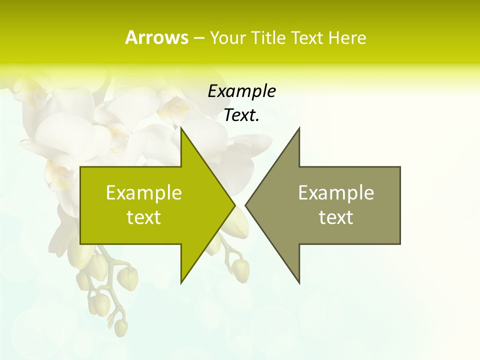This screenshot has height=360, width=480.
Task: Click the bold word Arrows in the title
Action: [x=156, y=37]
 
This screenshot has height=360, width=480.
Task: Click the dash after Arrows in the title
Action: [x=198, y=38]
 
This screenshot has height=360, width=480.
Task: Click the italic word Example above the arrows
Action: [x=241, y=91]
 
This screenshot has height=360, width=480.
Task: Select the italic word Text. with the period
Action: [x=241, y=115]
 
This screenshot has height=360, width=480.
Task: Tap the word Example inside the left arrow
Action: [x=144, y=193]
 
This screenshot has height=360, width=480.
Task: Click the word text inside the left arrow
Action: [x=144, y=217]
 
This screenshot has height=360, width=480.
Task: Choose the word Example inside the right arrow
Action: [x=336, y=193]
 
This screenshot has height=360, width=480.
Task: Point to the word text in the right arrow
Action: [x=336, y=217]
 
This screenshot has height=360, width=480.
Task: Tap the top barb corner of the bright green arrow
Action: [x=181, y=128]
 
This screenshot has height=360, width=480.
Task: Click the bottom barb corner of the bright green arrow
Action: [x=181, y=282]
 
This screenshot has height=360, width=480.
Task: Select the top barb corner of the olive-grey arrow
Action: [x=299, y=128]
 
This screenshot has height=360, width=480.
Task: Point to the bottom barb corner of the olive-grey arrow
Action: [x=299, y=282]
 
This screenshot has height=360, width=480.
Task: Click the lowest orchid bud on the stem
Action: [x=120, y=327]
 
